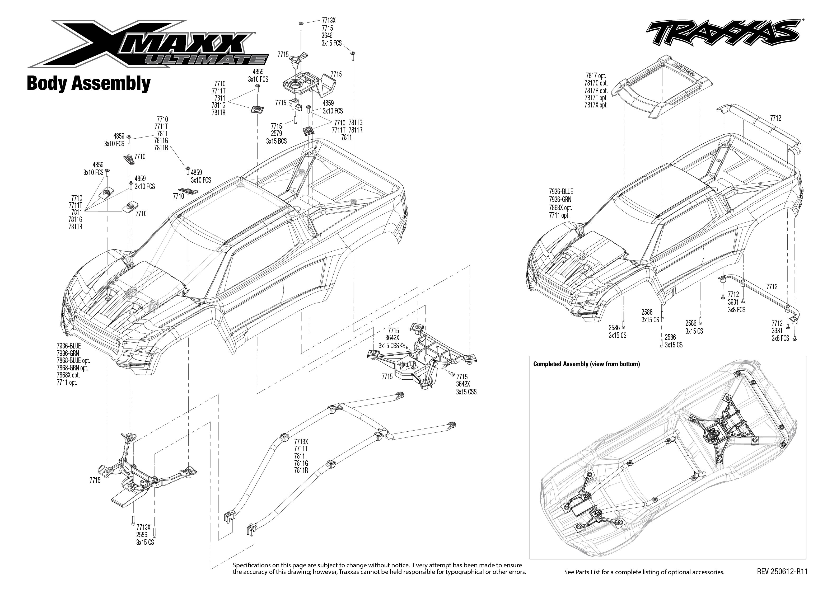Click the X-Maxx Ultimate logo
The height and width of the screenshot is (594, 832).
pos(146,44)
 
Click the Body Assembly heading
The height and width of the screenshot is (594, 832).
pos(88,83)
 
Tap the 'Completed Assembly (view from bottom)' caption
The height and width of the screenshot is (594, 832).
pos(587,364)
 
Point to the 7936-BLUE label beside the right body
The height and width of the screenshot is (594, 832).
pos(561,192)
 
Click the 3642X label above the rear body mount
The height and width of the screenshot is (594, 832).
pos(392,338)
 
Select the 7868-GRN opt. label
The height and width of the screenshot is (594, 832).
pos(72,368)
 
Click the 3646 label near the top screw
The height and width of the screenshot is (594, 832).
pos(327,35)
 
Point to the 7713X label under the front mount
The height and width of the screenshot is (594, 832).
pos(143,527)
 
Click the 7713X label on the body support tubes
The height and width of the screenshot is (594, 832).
pos(301,441)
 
